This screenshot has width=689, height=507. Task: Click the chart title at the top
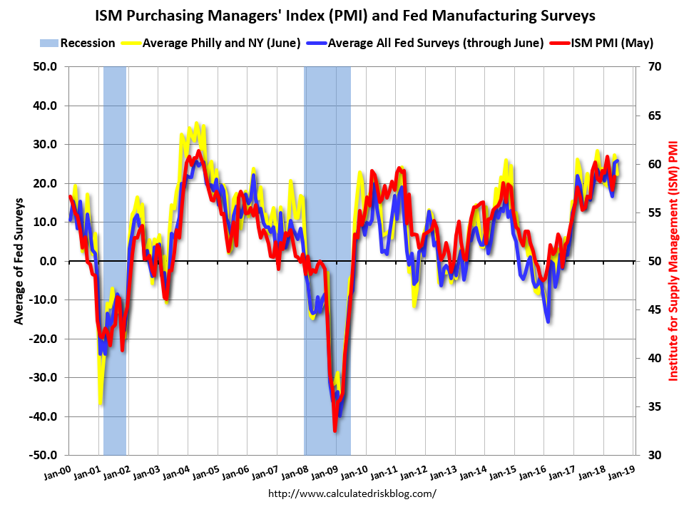(344, 15)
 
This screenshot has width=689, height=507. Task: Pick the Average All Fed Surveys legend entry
(430, 43)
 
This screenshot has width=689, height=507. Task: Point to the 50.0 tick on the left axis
(46, 67)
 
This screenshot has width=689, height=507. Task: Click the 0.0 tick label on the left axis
(50, 261)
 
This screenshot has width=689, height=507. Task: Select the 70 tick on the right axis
(654, 67)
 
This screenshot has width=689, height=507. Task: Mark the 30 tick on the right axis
(654, 455)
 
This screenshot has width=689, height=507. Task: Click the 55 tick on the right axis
(654, 212)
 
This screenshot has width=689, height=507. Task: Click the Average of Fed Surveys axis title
(19, 261)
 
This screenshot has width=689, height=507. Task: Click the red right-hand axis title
(673, 261)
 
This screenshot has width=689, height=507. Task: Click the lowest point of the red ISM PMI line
(335, 430)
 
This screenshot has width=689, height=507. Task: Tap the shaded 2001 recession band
(115, 214)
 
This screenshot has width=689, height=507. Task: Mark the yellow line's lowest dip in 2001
(100, 404)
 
